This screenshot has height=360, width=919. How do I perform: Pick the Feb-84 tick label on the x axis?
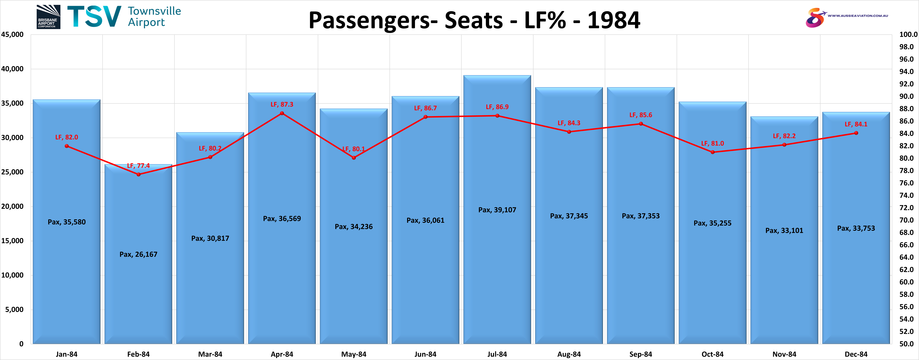[138, 354]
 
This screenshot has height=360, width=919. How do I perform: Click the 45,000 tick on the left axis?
[12, 35]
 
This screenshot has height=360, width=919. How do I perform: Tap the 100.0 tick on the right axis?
[908, 35]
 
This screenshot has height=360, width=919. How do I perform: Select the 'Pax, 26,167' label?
[138, 254]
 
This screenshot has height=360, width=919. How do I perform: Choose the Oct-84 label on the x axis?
[712, 354]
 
